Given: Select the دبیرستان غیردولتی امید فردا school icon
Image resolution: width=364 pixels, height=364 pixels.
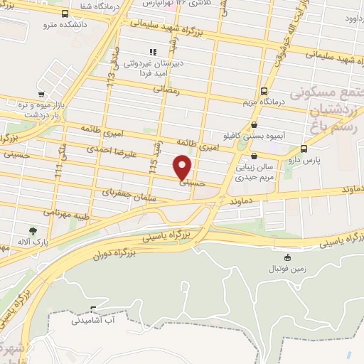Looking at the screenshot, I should [x=152, y=52].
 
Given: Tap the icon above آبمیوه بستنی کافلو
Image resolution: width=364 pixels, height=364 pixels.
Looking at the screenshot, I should [x=254, y=125].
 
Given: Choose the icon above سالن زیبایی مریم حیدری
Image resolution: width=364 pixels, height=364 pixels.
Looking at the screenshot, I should [x=254, y=156].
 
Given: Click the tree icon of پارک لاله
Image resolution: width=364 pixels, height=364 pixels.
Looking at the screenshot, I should [x=33, y=230].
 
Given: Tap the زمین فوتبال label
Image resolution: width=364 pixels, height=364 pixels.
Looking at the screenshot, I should [x=287, y=269].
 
